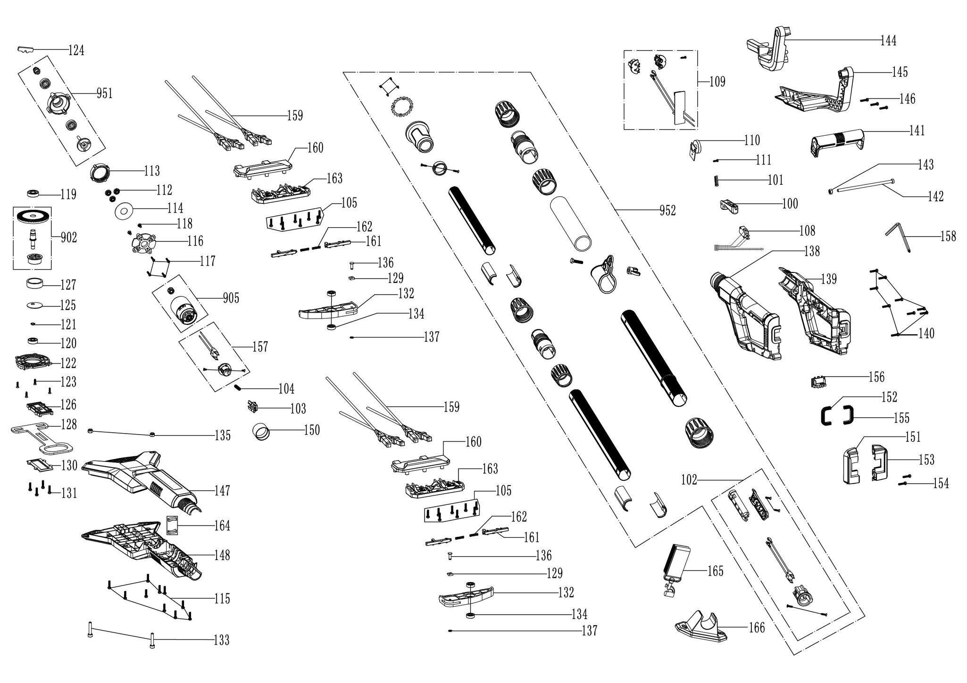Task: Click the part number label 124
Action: (76, 50)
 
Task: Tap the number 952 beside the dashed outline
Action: (667, 211)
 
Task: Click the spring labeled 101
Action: (717, 180)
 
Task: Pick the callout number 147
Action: (222, 490)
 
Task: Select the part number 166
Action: (757, 627)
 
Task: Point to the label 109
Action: (717, 82)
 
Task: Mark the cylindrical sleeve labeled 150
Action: (262, 431)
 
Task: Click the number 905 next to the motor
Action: (231, 298)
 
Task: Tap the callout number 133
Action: (221, 640)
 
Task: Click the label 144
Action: (888, 41)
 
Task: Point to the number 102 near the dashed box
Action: (689, 480)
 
